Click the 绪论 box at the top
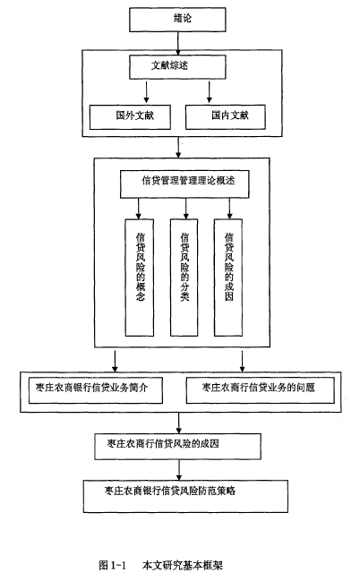(177, 20)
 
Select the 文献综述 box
(177, 67)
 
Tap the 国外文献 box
(130, 116)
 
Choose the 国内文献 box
(226, 116)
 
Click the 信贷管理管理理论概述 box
(184, 184)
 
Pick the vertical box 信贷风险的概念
(140, 278)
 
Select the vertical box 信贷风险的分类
(184, 278)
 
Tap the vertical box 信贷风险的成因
(228, 278)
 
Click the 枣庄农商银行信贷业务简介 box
(96, 390)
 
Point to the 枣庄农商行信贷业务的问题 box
(261, 390)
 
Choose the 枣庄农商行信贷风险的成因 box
(177, 447)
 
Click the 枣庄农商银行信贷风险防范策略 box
(185, 497)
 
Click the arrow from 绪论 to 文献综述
(178, 43)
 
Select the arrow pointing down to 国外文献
(147, 92)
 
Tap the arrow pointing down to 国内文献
(209, 92)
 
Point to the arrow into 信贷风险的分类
(186, 209)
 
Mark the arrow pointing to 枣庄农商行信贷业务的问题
(243, 362)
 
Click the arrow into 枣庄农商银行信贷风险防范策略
(179, 470)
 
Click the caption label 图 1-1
(113, 565)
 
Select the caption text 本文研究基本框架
(183, 565)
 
